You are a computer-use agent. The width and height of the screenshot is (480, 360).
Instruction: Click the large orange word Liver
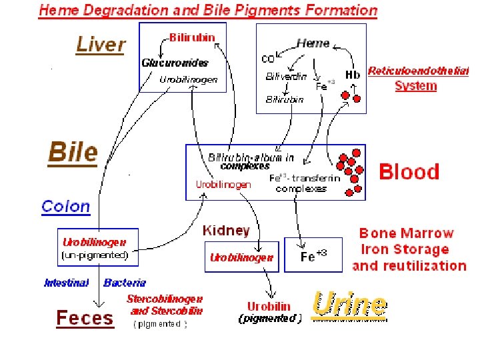[101, 45]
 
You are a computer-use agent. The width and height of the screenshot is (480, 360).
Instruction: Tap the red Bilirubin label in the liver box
[191, 37]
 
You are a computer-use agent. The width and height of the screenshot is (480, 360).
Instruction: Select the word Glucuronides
[175, 63]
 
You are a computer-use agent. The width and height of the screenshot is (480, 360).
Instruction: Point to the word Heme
[313, 43]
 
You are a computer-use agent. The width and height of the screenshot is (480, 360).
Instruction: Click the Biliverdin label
[286, 76]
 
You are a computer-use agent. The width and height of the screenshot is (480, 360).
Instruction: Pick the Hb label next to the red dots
[353, 75]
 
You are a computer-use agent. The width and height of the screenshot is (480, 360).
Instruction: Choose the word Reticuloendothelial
[418, 71]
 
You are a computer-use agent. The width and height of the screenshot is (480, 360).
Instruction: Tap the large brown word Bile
[73, 153]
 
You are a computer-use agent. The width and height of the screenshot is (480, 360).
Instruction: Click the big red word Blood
[409, 172]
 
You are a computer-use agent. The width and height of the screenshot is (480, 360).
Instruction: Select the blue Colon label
[65, 206]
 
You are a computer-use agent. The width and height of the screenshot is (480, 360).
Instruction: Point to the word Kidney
[226, 231]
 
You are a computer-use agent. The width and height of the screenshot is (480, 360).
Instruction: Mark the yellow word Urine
[349, 305]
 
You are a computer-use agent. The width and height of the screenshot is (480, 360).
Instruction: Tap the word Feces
[85, 318]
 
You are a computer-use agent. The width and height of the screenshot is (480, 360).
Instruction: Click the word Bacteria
[125, 283]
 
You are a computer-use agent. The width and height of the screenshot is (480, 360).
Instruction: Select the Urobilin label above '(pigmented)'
[269, 306]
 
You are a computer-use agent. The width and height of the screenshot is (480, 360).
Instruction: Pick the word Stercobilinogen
[165, 299]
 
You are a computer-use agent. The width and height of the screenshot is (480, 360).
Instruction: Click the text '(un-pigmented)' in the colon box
[95, 255]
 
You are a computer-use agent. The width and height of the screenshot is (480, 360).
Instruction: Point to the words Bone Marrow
[406, 233]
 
